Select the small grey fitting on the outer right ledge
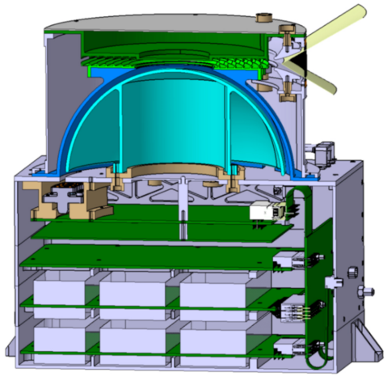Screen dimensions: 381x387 323,154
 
